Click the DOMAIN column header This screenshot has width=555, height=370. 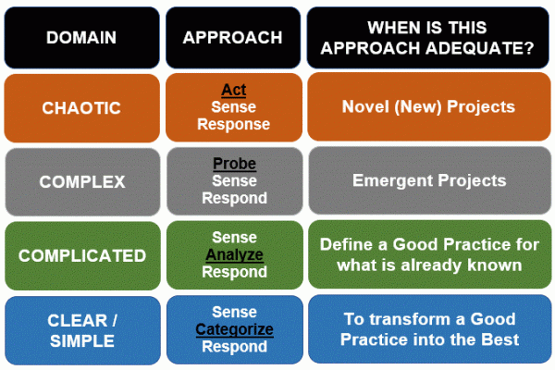[81, 37]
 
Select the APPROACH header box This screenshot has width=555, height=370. [233, 37]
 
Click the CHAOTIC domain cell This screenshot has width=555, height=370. [81, 108]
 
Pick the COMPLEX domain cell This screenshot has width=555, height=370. [81, 181]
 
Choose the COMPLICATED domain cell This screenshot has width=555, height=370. [81, 255]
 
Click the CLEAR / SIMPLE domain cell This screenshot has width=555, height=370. [81, 329]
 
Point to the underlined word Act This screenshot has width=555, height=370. [233, 91]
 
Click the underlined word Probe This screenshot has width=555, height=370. [233, 165]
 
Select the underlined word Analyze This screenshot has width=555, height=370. [233, 254]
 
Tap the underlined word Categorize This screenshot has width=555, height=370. [233, 328]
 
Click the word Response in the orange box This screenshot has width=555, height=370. [233, 124]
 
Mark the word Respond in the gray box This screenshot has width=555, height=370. [233, 198]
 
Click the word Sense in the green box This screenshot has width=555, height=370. [233, 238]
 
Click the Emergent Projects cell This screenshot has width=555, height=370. [429, 181]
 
